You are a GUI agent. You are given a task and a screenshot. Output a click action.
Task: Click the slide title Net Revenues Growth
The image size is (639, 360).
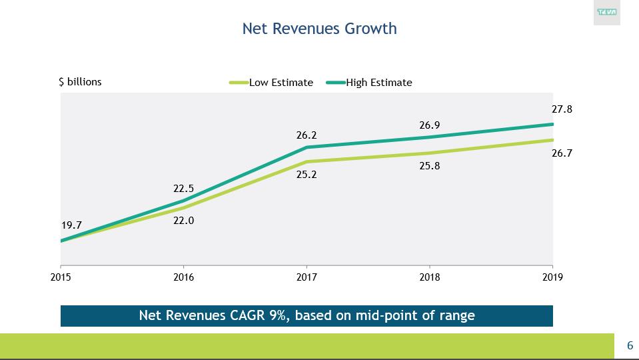(x=319, y=29)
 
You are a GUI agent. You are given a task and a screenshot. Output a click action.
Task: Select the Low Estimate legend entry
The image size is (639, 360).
(x=281, y=83)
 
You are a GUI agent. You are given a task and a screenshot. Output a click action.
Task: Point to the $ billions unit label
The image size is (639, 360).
(x=81, y=82)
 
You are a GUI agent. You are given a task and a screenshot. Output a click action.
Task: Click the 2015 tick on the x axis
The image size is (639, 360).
(x=61, y=277)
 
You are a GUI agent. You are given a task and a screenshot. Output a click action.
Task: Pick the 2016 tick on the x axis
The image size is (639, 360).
(x=183, y=277)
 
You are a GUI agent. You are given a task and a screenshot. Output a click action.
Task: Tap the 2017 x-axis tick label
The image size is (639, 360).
(x=307, y=277)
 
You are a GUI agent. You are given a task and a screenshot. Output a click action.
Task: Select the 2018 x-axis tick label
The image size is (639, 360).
(x=429, y=277)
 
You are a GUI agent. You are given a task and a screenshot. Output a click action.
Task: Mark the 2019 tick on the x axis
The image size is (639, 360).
(x=552, y=277)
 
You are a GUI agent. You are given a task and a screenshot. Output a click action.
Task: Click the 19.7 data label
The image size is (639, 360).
(x=71, y=225)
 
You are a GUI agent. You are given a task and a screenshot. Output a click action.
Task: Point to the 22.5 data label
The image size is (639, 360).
(x=183, y=189)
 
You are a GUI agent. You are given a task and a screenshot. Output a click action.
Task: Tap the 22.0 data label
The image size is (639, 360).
(x=183, y=221)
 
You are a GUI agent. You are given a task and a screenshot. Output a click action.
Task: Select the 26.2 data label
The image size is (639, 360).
(x=307, y=135)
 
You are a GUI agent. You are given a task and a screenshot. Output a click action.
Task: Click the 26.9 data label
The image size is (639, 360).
(x=429, y=125)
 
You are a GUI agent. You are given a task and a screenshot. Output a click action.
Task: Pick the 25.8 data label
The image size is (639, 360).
(x=429, y=166)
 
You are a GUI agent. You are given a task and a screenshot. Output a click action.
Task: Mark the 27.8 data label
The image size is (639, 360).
(x=562, y=109)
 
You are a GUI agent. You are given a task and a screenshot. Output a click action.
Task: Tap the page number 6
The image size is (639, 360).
(x=630, y=345)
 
